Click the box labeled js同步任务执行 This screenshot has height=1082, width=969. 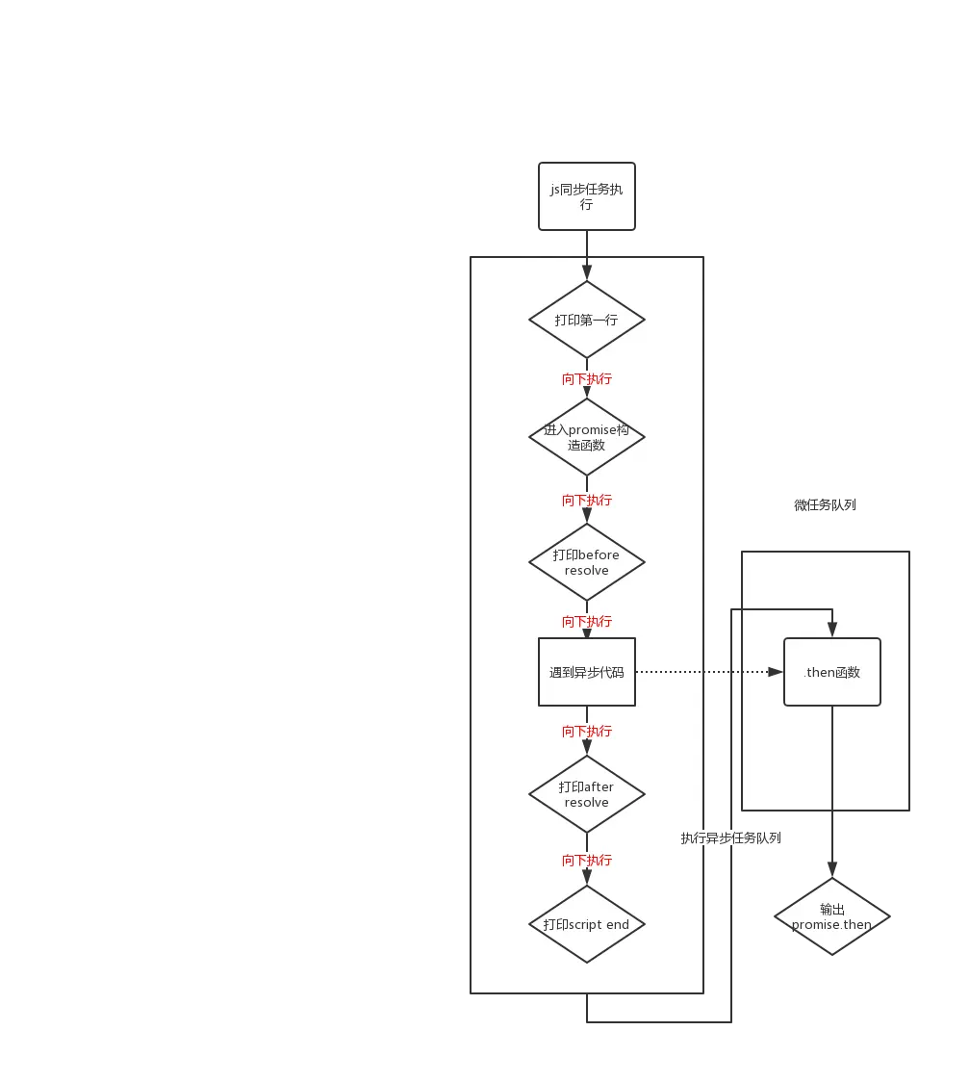click(x=587, y=196)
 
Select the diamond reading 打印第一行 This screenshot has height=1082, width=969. click(x=587, y=320)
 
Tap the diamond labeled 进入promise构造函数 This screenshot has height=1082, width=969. click(x=587, y=437)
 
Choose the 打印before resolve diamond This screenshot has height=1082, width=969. click(x=587, y=562)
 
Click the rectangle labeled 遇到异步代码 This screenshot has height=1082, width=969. click(x=587, y=672)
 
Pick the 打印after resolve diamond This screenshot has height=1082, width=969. click(x=587, y=794)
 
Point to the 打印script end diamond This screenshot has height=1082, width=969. click(x=587, y=924)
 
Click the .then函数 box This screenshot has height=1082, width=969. click(x=832, y=672)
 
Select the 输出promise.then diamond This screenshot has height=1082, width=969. click(x=832, y=916)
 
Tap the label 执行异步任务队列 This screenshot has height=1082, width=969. click(x=732, y=837)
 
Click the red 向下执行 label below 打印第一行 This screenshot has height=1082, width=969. click(x=587, y=378)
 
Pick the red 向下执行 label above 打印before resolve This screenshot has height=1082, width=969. click(x=587, y=500)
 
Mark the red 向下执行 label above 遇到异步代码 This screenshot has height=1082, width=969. click(x=587, y=621)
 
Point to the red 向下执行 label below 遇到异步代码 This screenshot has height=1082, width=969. click(x=587, y=731)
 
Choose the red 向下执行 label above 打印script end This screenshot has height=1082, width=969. click(x=587, y=860)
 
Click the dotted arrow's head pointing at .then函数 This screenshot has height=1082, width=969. click(x=776, y=672)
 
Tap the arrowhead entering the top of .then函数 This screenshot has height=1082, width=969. click(x=832, y=631)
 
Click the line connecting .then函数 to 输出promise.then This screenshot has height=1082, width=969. click(x=832, y=770)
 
